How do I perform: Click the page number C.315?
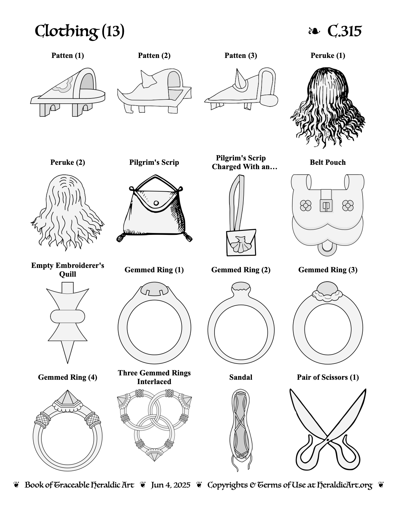click(344, 31)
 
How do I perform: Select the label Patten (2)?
click(154, 55)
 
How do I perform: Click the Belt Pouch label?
click(328, 162)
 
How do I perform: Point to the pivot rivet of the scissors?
click(328, 440)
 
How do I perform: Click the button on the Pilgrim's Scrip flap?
click(156, 203)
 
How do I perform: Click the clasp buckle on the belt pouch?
click(326, 205)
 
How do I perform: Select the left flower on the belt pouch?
click(305, 205)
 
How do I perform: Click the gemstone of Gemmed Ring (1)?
click(154, 288)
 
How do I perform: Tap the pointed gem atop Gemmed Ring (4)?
click(68, 397)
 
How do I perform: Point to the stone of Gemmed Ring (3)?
click(328, 288)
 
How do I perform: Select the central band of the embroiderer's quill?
click(68, 316)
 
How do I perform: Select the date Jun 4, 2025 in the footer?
click(171, 485)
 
